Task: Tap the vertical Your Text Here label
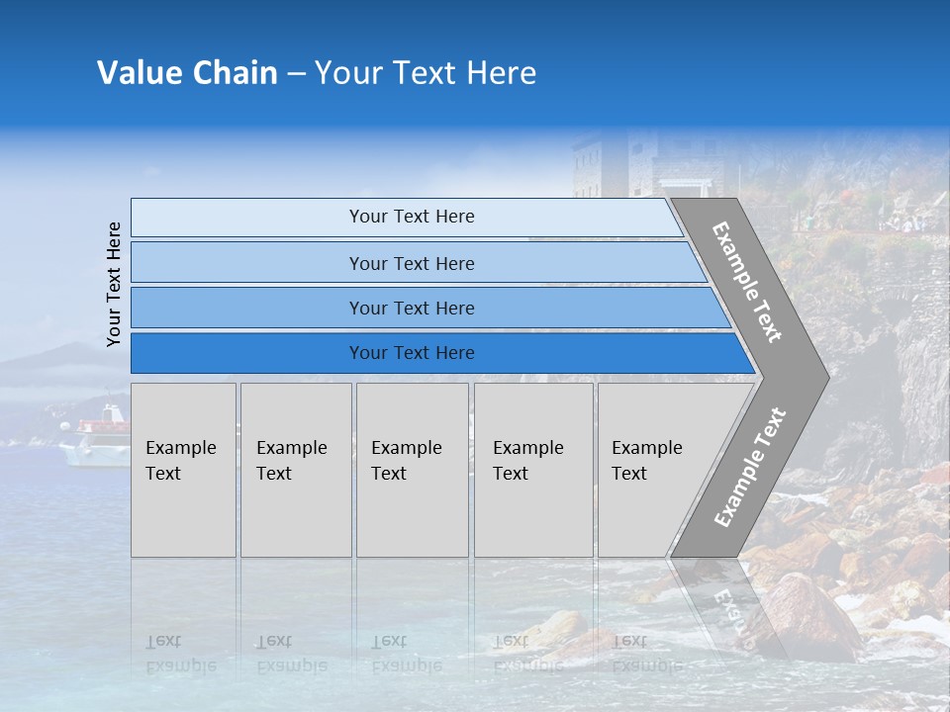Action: point(114,285)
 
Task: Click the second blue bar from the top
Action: point(412,263)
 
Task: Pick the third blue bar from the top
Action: point(412,308)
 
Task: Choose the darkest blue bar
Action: point(412,353)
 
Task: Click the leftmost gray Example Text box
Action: point(183,470)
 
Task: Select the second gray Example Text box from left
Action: point(295,470)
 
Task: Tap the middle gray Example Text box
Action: point(412,470)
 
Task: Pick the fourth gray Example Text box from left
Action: point(532,470)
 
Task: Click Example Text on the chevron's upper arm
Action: point(747,283)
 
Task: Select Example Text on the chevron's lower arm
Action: point(750,467)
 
